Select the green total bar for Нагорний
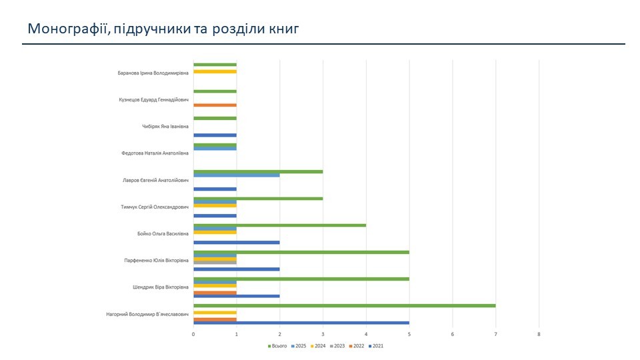pyautogui.click(x=344, y=305)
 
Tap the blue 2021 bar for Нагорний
pyautogui.click(x=301, y=323)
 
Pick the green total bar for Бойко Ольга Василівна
pyautogui.click(x=279, y=225)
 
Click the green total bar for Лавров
pyautogui.click(x=258, y=171)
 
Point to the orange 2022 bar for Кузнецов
pyautogui.click(x=215, y=105)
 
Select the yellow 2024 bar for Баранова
pyautogui.click(x=215, y=71)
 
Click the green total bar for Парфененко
pyautogui.click(x=301, y=252)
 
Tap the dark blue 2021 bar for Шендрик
pyautogui.click(x=236, y=295)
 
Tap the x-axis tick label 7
pyautogui.click(x=495, y=334)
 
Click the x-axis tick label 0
pyautogui.click(x=193, y=334)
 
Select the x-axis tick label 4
pyautogui.click(x=366, y=334)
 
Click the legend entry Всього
pyautogui.click(x=279, y=346)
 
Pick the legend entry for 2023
pyautogui.click(x=339, y=346)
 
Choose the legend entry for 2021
pyautogui.click(x=377, y=346)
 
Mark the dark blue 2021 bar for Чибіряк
pyautogui.click(x=215, y=135)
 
